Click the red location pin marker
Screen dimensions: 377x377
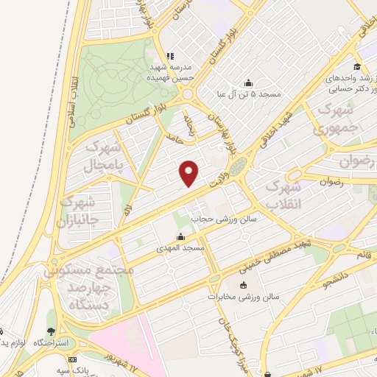(x=189, y=172)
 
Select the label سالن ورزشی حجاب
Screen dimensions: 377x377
(x=223, y=219)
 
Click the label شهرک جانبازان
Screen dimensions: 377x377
(x=91, y=210)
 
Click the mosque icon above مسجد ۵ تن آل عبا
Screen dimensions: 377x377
(x=247, y=82)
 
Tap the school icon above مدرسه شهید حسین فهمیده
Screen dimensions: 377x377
(x=170, y=55)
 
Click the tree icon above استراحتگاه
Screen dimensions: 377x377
(x=50, y=332)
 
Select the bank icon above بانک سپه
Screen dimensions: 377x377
(x=71, y=359)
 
